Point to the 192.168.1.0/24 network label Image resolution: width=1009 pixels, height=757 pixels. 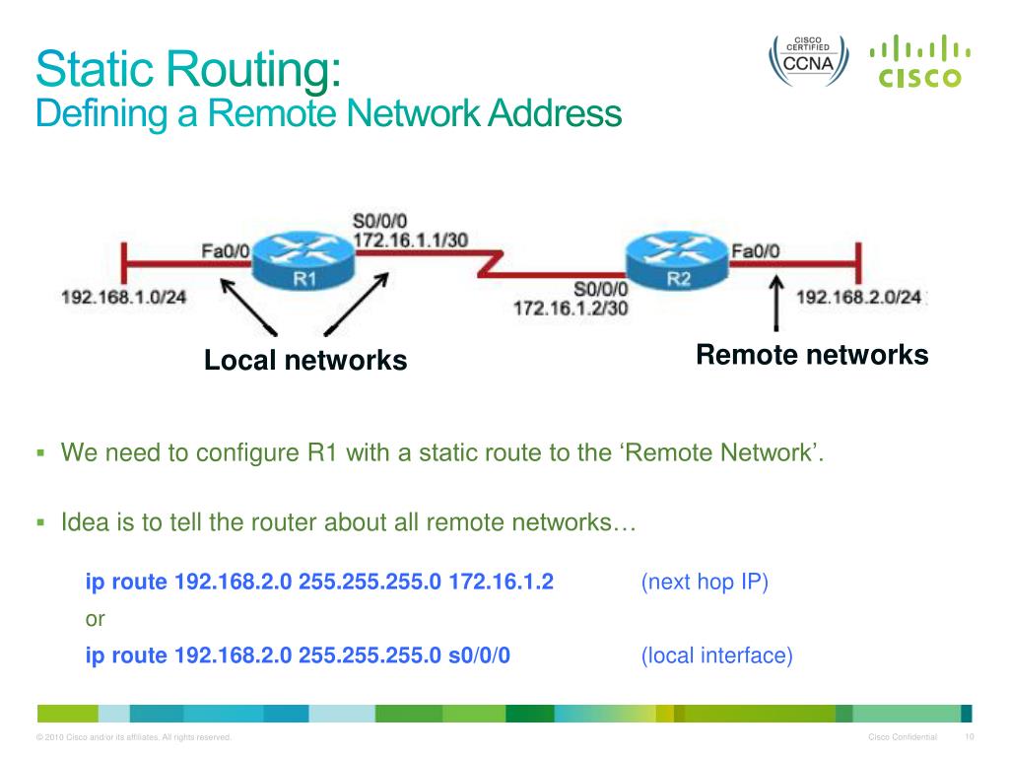pos(124,297)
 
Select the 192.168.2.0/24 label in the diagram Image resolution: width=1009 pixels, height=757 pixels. pos(858,297)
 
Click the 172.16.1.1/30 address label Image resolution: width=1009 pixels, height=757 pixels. pos(410,241)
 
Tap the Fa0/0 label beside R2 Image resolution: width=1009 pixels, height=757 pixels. pos(755,250)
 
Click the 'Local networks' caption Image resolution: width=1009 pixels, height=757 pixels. pos(305,361)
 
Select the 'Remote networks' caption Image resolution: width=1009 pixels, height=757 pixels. pos(812,355)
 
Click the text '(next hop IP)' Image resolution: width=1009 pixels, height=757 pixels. pos(704,582)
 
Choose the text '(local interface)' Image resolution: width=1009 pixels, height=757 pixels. pos(716,655)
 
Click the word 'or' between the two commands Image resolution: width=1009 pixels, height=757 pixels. pos(96,619)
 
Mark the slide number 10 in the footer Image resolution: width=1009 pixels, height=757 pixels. pos(969,737)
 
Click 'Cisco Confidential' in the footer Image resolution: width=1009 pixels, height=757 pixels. pos(902,737)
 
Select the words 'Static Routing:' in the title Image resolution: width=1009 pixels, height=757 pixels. pos(188,72)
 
